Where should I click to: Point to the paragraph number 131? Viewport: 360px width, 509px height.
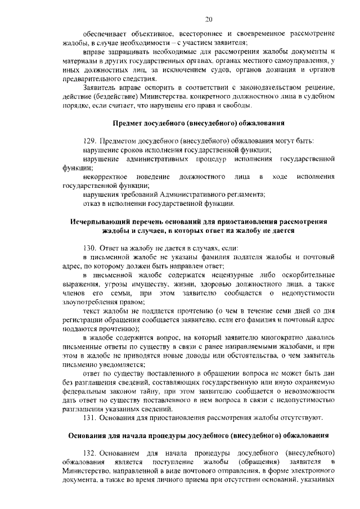89,417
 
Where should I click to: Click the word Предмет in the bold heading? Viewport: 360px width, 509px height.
129,123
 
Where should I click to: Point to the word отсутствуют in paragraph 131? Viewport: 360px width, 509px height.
300,417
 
